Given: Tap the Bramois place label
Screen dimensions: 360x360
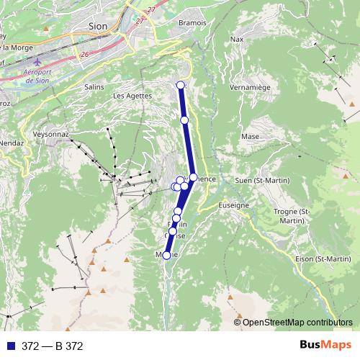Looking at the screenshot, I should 192,22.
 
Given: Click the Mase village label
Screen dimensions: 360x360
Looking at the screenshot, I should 251,135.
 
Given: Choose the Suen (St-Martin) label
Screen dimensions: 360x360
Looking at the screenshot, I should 262,181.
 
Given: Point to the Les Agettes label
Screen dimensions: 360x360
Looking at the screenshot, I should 132,95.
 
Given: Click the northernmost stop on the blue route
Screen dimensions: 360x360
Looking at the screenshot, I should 181,86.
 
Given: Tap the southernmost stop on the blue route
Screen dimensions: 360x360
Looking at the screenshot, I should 166,255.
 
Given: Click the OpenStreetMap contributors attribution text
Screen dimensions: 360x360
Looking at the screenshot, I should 297,323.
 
